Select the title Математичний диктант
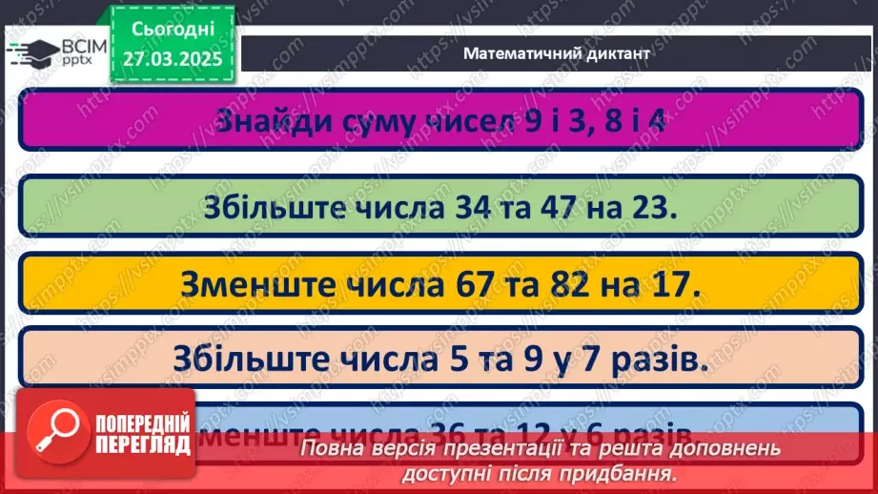click(x=557, y=53)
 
